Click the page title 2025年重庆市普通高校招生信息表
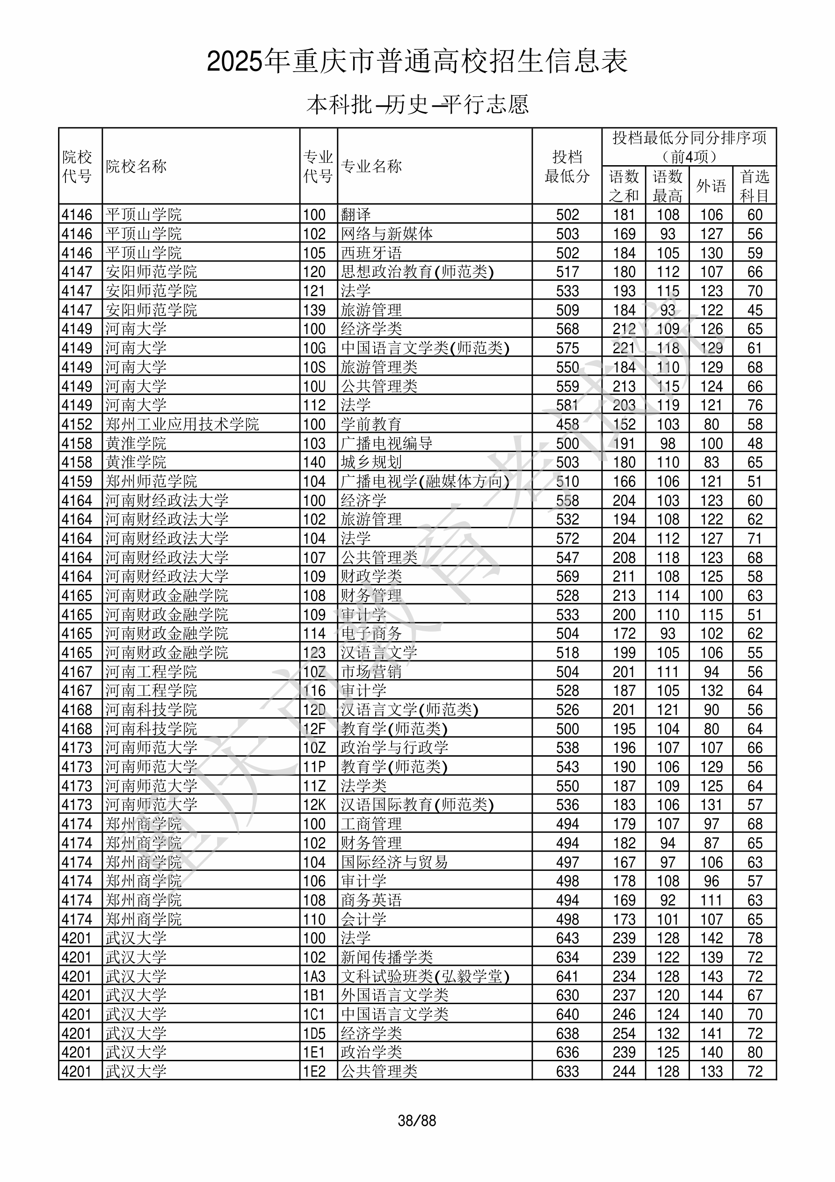click(x=417, y=61)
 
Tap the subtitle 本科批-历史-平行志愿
click(x=417, y=104)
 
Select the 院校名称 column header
click(x=137, y=166)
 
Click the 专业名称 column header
click(x=371, y=166)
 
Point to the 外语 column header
click(x=711, y=185)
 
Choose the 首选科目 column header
click(x=754, y=185)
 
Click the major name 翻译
click(x=356, y=215)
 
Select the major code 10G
click(x=314, y=348)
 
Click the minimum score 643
click(x=567, y=938)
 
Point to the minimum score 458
click(x=567, y=424)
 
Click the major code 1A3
click(x=314, y=976)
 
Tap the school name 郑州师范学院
click(x=152, y=482)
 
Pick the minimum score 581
click(x=567, y=405)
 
